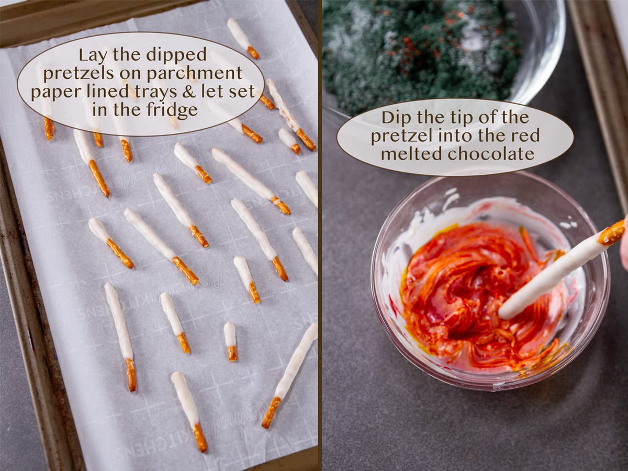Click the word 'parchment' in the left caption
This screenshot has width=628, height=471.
click(x=211, y=73)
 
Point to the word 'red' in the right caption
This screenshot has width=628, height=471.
click(x=526, y=136)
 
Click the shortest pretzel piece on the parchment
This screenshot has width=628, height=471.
click(x=230, y=341)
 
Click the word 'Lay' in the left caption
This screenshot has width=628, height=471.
click(x=92, y=54)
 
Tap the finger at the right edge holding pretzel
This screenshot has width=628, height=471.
click(x=624, y=246)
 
